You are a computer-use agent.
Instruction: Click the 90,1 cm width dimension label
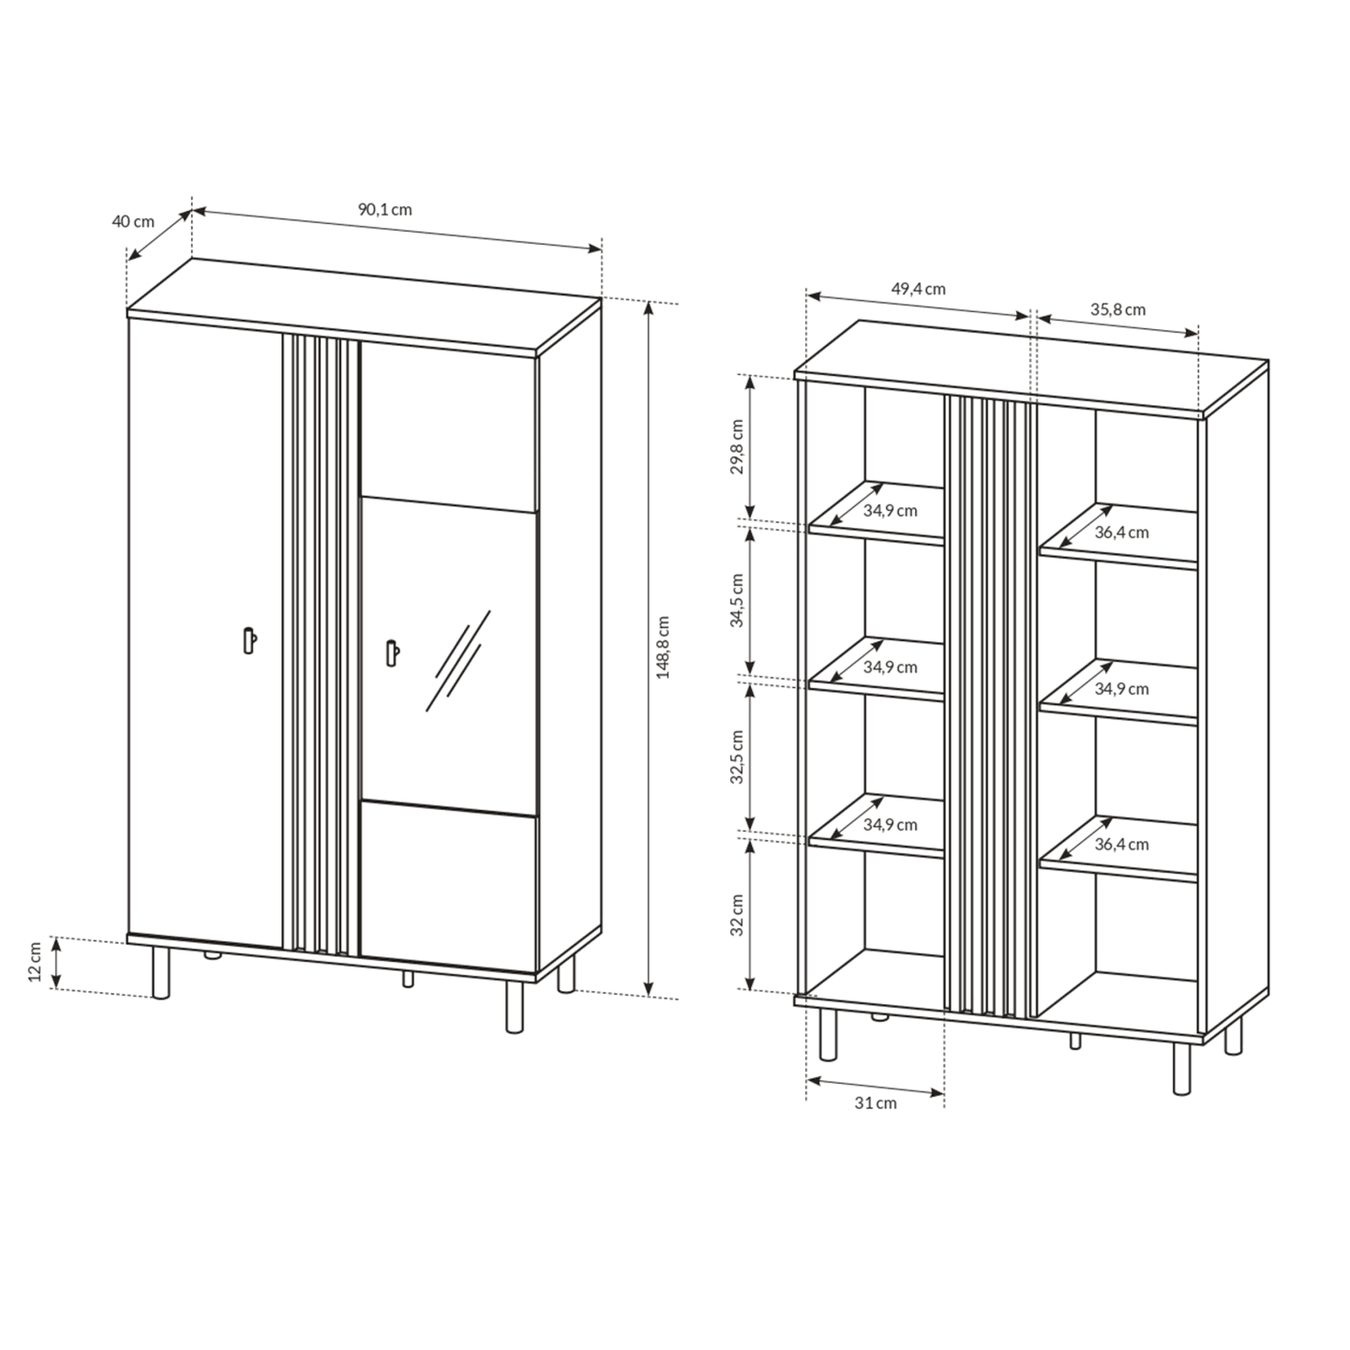384,209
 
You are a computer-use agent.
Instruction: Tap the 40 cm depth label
133,221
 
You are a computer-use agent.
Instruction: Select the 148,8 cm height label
663,647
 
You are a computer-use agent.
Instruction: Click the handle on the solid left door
249,639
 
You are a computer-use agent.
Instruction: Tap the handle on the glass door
392,652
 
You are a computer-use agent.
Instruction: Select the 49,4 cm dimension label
919,289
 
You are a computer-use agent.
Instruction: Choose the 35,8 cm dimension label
1118,309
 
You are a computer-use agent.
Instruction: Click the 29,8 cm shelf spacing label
737,447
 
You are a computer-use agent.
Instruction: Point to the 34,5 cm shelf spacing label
737,600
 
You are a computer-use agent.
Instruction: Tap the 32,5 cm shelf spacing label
737,757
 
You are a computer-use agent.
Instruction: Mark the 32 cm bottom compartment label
737,915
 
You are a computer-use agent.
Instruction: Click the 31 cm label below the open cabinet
876,1103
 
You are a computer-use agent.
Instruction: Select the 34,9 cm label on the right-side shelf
1121,689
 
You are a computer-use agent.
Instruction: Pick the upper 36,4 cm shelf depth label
1121,532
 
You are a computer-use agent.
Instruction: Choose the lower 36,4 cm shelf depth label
1121,845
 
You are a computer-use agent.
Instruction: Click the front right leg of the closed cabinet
515,1007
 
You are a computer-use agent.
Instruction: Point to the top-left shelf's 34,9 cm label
891,511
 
